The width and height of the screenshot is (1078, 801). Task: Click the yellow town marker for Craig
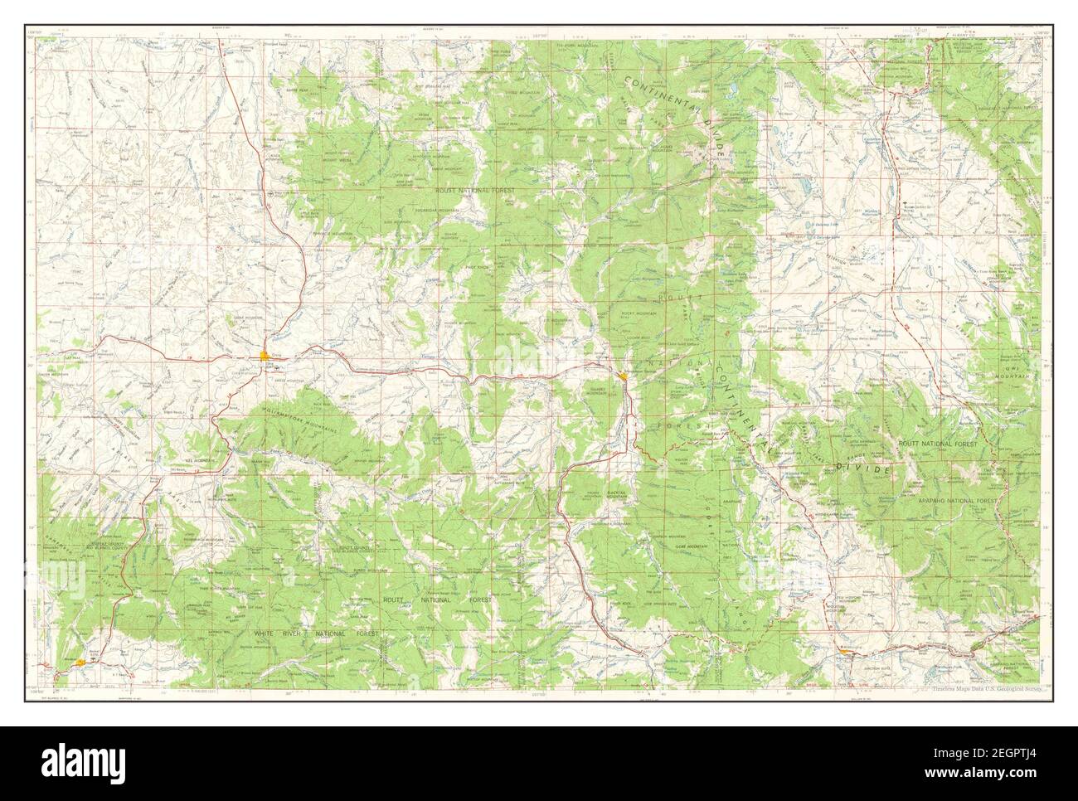coord(265,357)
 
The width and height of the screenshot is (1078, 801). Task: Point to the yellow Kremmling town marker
coord(844,651)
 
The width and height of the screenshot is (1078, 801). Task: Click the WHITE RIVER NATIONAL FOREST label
coord(316,633)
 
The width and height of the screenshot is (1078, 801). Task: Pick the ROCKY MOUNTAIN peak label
coord(639,313)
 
